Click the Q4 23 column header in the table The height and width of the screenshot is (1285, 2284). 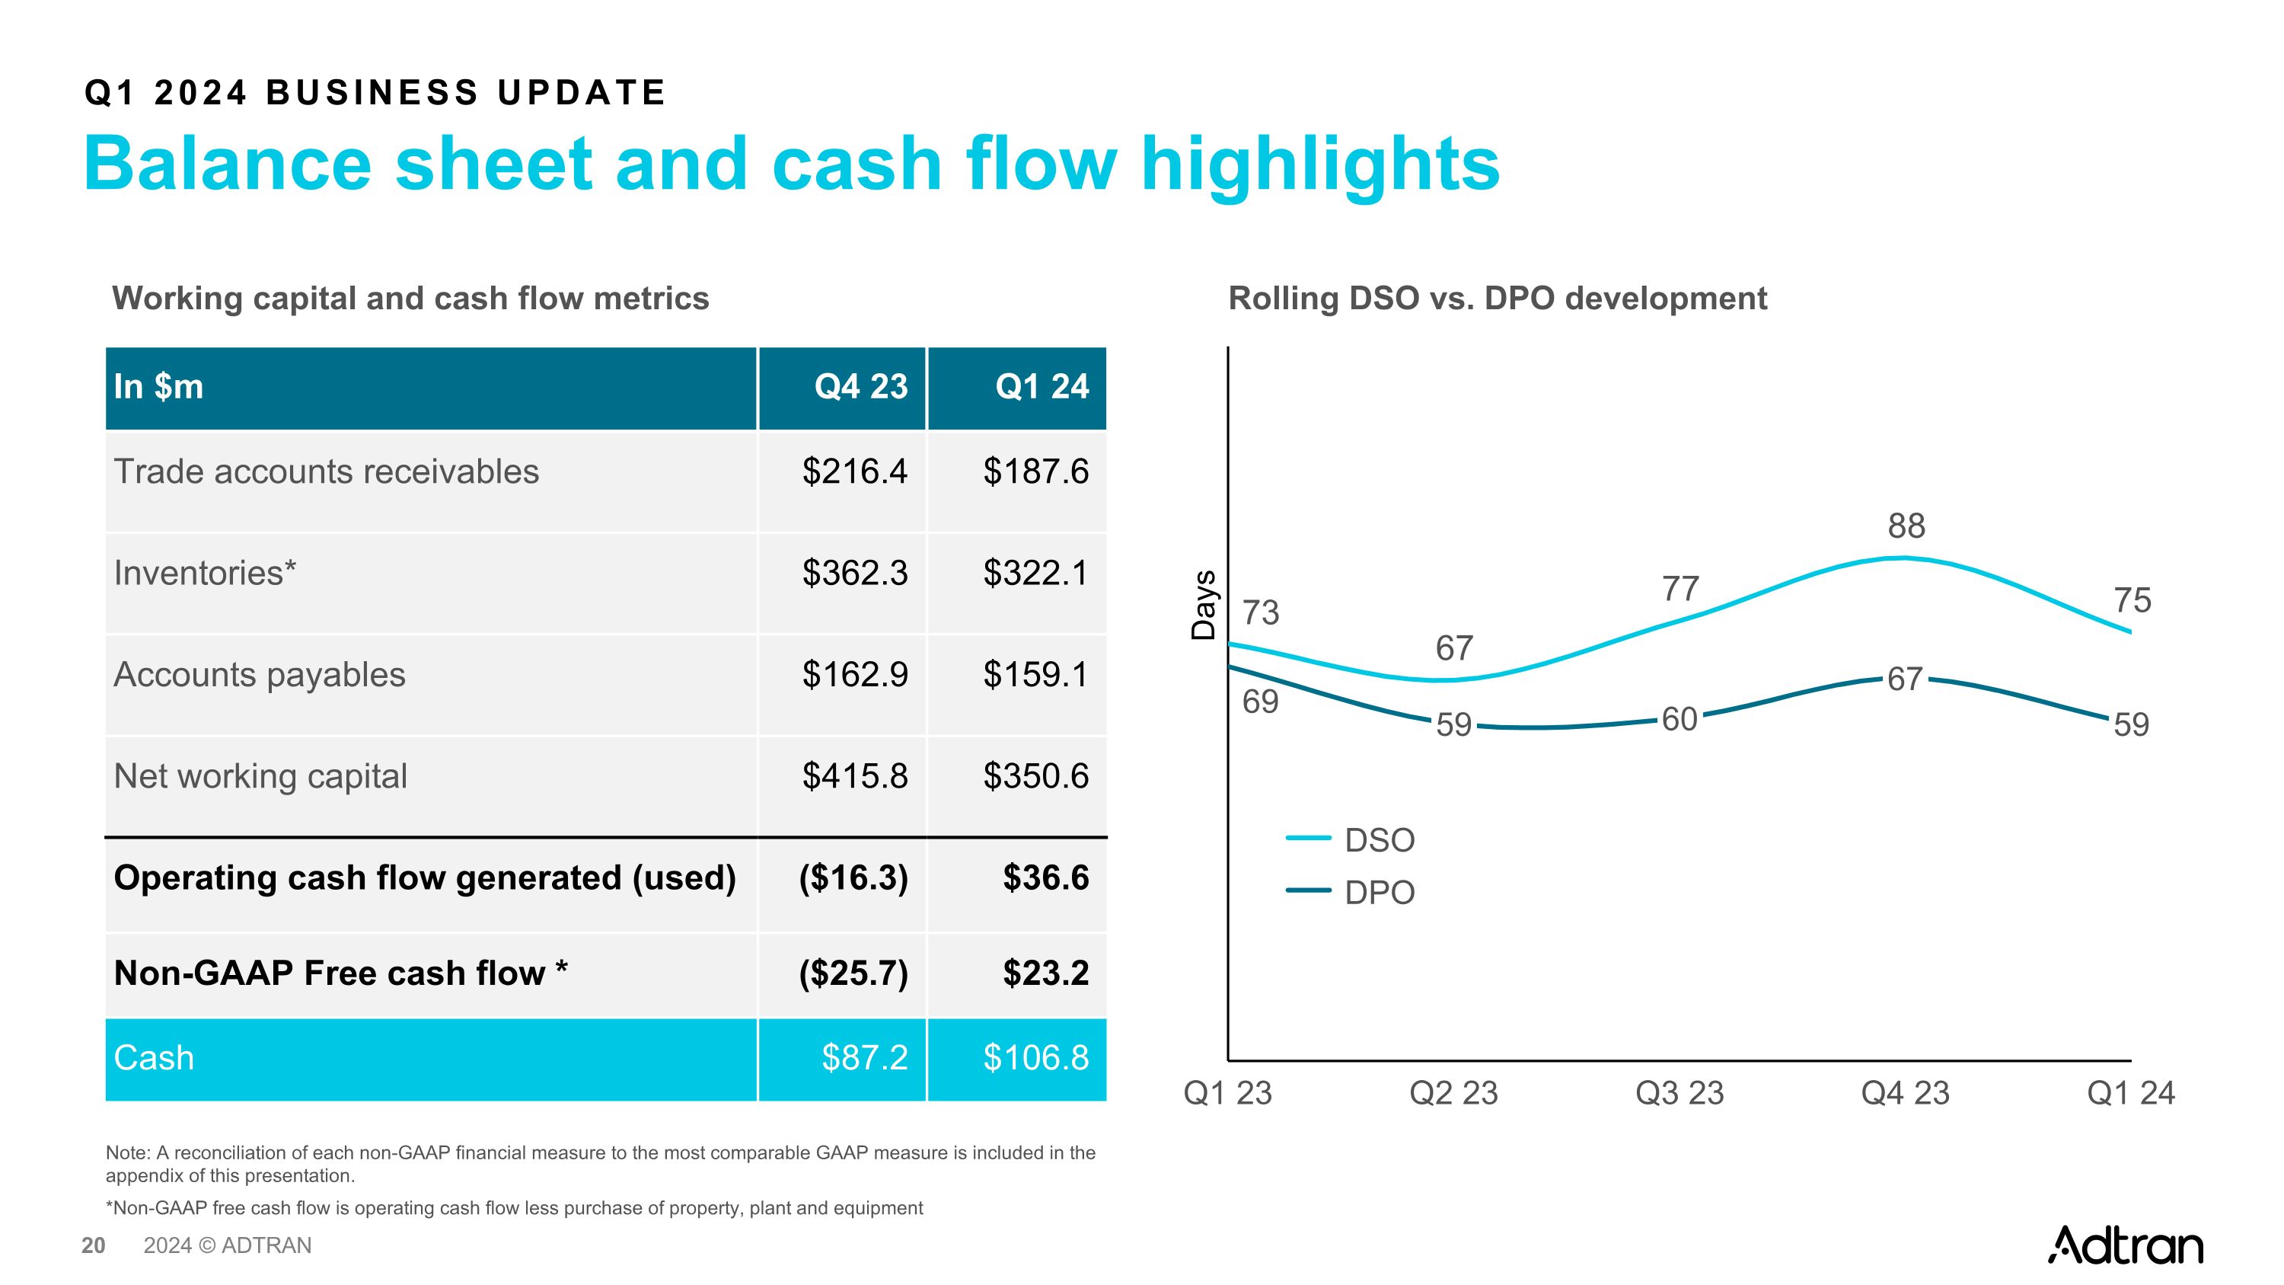[x=860, y=387]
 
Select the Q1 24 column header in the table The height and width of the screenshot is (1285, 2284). [x=1041, y=387]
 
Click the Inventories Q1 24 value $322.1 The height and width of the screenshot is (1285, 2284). [x=1035, y=573]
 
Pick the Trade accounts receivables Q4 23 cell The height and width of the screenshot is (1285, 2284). [x=854, y=471]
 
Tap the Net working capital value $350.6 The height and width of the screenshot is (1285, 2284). [x=1035, y=776]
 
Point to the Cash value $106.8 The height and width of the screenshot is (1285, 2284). [x=1035, y=1057]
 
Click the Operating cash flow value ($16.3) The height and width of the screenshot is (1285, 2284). [x=853, y=878]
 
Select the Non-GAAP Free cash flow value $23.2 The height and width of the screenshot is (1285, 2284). [x=1045, y=973]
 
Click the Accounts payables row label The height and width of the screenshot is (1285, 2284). [x=259, y=675]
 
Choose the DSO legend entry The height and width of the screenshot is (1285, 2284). [x=1378, y=840]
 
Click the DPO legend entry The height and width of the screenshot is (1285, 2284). [x=1378, y=892]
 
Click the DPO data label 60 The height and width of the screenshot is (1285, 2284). [x=1679, y=719]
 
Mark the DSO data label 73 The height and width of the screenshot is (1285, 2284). [x=1260, y=612]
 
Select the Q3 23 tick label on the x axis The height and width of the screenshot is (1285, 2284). [x=1679, y=1092]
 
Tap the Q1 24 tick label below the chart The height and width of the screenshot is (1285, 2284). [x=2129, y=1092]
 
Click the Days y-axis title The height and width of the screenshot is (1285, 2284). [x=1203, y=605]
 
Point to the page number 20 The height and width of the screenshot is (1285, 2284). [x=93, y=1245]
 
